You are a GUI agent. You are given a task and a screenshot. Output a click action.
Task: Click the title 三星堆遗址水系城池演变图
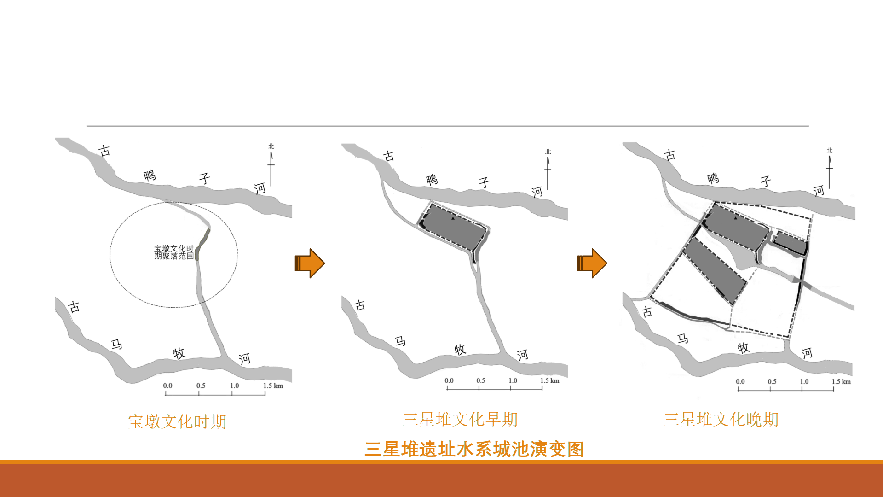tap(474, 449)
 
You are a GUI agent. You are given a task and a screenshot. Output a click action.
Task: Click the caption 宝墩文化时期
tap(177, 421)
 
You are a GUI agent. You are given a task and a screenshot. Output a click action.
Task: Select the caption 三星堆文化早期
tap(460, 420)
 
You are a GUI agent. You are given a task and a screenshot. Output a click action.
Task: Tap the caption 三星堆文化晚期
tap(721, 420)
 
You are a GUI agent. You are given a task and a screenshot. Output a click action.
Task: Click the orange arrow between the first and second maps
tap(310, 263)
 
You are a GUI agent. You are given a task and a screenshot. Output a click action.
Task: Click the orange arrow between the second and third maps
tap(592, 263)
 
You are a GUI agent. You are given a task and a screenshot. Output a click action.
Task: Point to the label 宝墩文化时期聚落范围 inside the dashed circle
tap(174, 252)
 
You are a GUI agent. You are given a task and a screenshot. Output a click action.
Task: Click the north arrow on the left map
tap(271, 166)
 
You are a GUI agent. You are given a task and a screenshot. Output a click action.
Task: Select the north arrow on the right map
tap(829, 170)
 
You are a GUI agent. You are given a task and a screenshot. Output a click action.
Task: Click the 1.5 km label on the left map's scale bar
tap(273, 386)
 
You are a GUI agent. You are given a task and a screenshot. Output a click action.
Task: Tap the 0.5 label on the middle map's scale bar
tap(480, 380)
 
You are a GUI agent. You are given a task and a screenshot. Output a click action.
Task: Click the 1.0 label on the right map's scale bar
tap(804, 381)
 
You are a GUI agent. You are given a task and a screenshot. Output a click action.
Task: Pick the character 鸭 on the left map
tap(150, 175)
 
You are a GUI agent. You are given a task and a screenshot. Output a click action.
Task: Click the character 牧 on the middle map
tap(460, 350)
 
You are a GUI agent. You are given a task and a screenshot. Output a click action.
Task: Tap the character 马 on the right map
tap(682, 339)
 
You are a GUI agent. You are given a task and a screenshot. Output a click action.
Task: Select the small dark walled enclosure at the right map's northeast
tap(790, 243)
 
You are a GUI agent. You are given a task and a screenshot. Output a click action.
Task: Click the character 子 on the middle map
tap(484, 183)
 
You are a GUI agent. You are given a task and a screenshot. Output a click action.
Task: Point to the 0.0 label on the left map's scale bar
tap(167, 386)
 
